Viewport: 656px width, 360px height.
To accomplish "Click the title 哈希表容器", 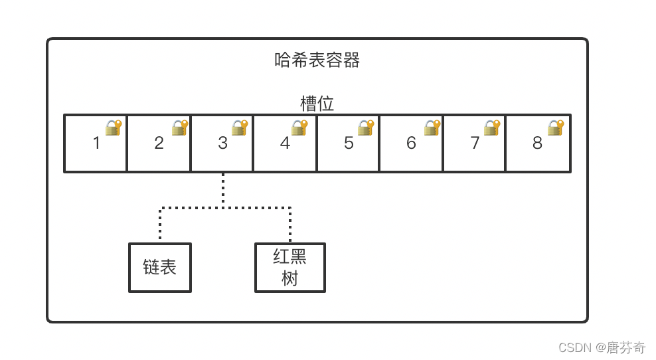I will pos(317,60).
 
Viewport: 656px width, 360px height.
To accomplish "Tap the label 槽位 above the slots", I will pos(317,104).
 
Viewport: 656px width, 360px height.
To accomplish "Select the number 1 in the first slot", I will pos(96,143).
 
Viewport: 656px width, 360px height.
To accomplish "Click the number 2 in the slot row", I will pos(159,143).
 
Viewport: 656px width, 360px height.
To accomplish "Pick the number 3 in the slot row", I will pos(222,143).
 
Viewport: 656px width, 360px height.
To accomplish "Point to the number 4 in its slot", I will pos(285,143).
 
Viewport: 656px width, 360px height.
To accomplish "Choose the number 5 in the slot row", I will pos(349,143).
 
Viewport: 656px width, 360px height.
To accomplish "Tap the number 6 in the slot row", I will pos(411,143).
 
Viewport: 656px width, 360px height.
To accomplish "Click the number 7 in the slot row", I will pos(475,143).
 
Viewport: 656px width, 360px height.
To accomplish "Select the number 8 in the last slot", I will pos(537,143).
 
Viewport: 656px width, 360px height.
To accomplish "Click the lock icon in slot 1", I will pos(114,128).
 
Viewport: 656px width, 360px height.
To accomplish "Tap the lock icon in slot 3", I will pos(239,128).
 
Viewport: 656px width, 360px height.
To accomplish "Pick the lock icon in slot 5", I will pos(366,128).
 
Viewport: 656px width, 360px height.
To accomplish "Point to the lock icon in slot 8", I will pos(555,128).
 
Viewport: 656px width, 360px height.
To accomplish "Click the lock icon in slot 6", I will pos(432,128).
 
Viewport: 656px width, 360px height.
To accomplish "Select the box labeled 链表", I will pos(160,268).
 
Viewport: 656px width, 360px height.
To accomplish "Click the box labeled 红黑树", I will pos(290,268).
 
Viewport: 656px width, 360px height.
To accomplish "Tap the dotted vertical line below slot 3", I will pos(223,189).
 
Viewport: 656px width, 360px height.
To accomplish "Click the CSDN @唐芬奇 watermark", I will pos(602,347).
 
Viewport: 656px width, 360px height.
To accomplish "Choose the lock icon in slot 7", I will pos(491,128).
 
